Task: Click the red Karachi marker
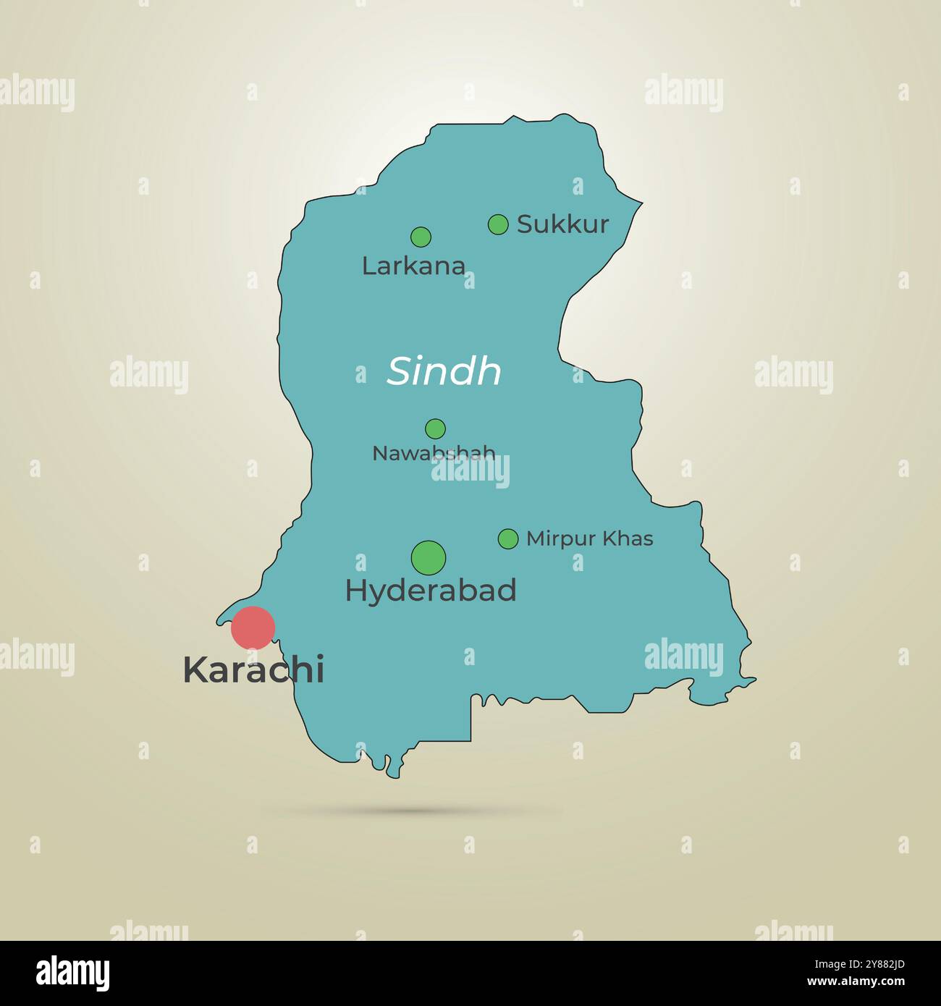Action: pyautogui.click(x=253, y=627)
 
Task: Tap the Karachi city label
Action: pyautogui.click(x=253, y=670)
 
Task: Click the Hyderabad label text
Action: pyautogui.click(x=431, y=591)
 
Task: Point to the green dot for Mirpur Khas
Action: pyautogui.click(x=508, y=538)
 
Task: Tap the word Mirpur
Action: pyautogui.click(x=561, y=539)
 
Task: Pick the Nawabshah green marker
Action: pyautogui.click(x=435, y=428)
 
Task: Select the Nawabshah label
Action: pyautogui.click(x=433, y=453)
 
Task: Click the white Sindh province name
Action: pyautogui.click(x=444, y=371)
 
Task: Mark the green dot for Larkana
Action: pyautogui.click(x=421, y=237)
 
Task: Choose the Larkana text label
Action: pyautogui.click(x=413, y=266)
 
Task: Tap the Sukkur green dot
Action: pyautogui.click(x=498, y=224)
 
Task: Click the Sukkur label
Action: pyautogui.click(x=562, y=224)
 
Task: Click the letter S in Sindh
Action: pyautogui.click(x=400, y=371)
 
